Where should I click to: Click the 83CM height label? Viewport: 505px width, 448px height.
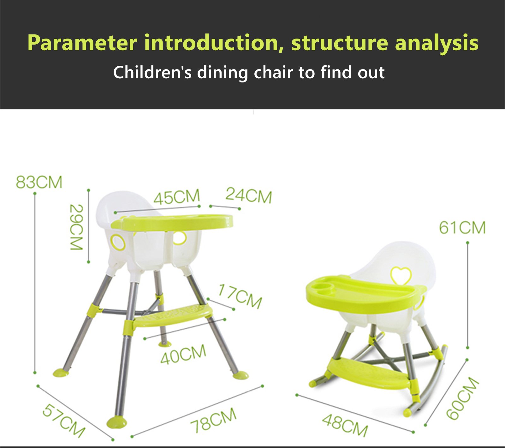[x=39, y=182]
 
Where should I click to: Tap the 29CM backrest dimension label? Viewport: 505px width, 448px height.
[x=76, y=227]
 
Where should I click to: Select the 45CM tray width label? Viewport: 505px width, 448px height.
[x=177, y=197]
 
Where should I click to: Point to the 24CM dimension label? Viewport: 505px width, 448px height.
[x=249, y=195]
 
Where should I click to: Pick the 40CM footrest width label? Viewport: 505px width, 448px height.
[x=183, y=354]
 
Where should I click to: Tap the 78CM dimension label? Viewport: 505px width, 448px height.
[x=214, y=420]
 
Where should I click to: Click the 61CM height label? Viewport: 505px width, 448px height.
[x=462, y=228]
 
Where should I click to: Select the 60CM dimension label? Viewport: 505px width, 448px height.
[x=463, y=398]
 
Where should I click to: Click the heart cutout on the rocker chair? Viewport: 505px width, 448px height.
[x=401, y=276]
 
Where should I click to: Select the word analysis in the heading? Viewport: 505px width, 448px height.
[x=437, y=43]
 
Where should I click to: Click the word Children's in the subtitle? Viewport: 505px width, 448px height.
[x=152, y=72]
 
